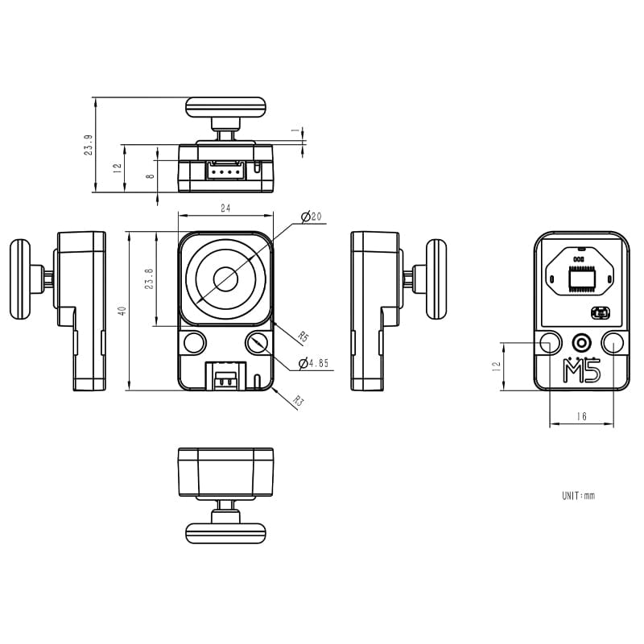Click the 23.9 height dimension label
(x=88, y=146)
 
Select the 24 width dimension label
(x=225, y=208)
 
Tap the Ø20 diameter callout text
(x=311, y=217)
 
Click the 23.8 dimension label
(x=149, y=279)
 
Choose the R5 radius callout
(x=303, y=336)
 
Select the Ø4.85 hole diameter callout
(x=313, y=364)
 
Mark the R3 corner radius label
(x=299, y=401)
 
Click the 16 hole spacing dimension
(x=581, y=417)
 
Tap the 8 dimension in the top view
(x=149, y=176)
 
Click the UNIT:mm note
(x=578, y=496)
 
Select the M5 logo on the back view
(x=581, y=373)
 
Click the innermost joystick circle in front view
(x=225, y=279)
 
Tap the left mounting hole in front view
(x=194, y=342)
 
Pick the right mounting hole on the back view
(x=613, y=342)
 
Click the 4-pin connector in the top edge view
(x=225, y=171)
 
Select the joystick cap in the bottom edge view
(x=225, y=531)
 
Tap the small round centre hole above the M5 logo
(x=581, y=342)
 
